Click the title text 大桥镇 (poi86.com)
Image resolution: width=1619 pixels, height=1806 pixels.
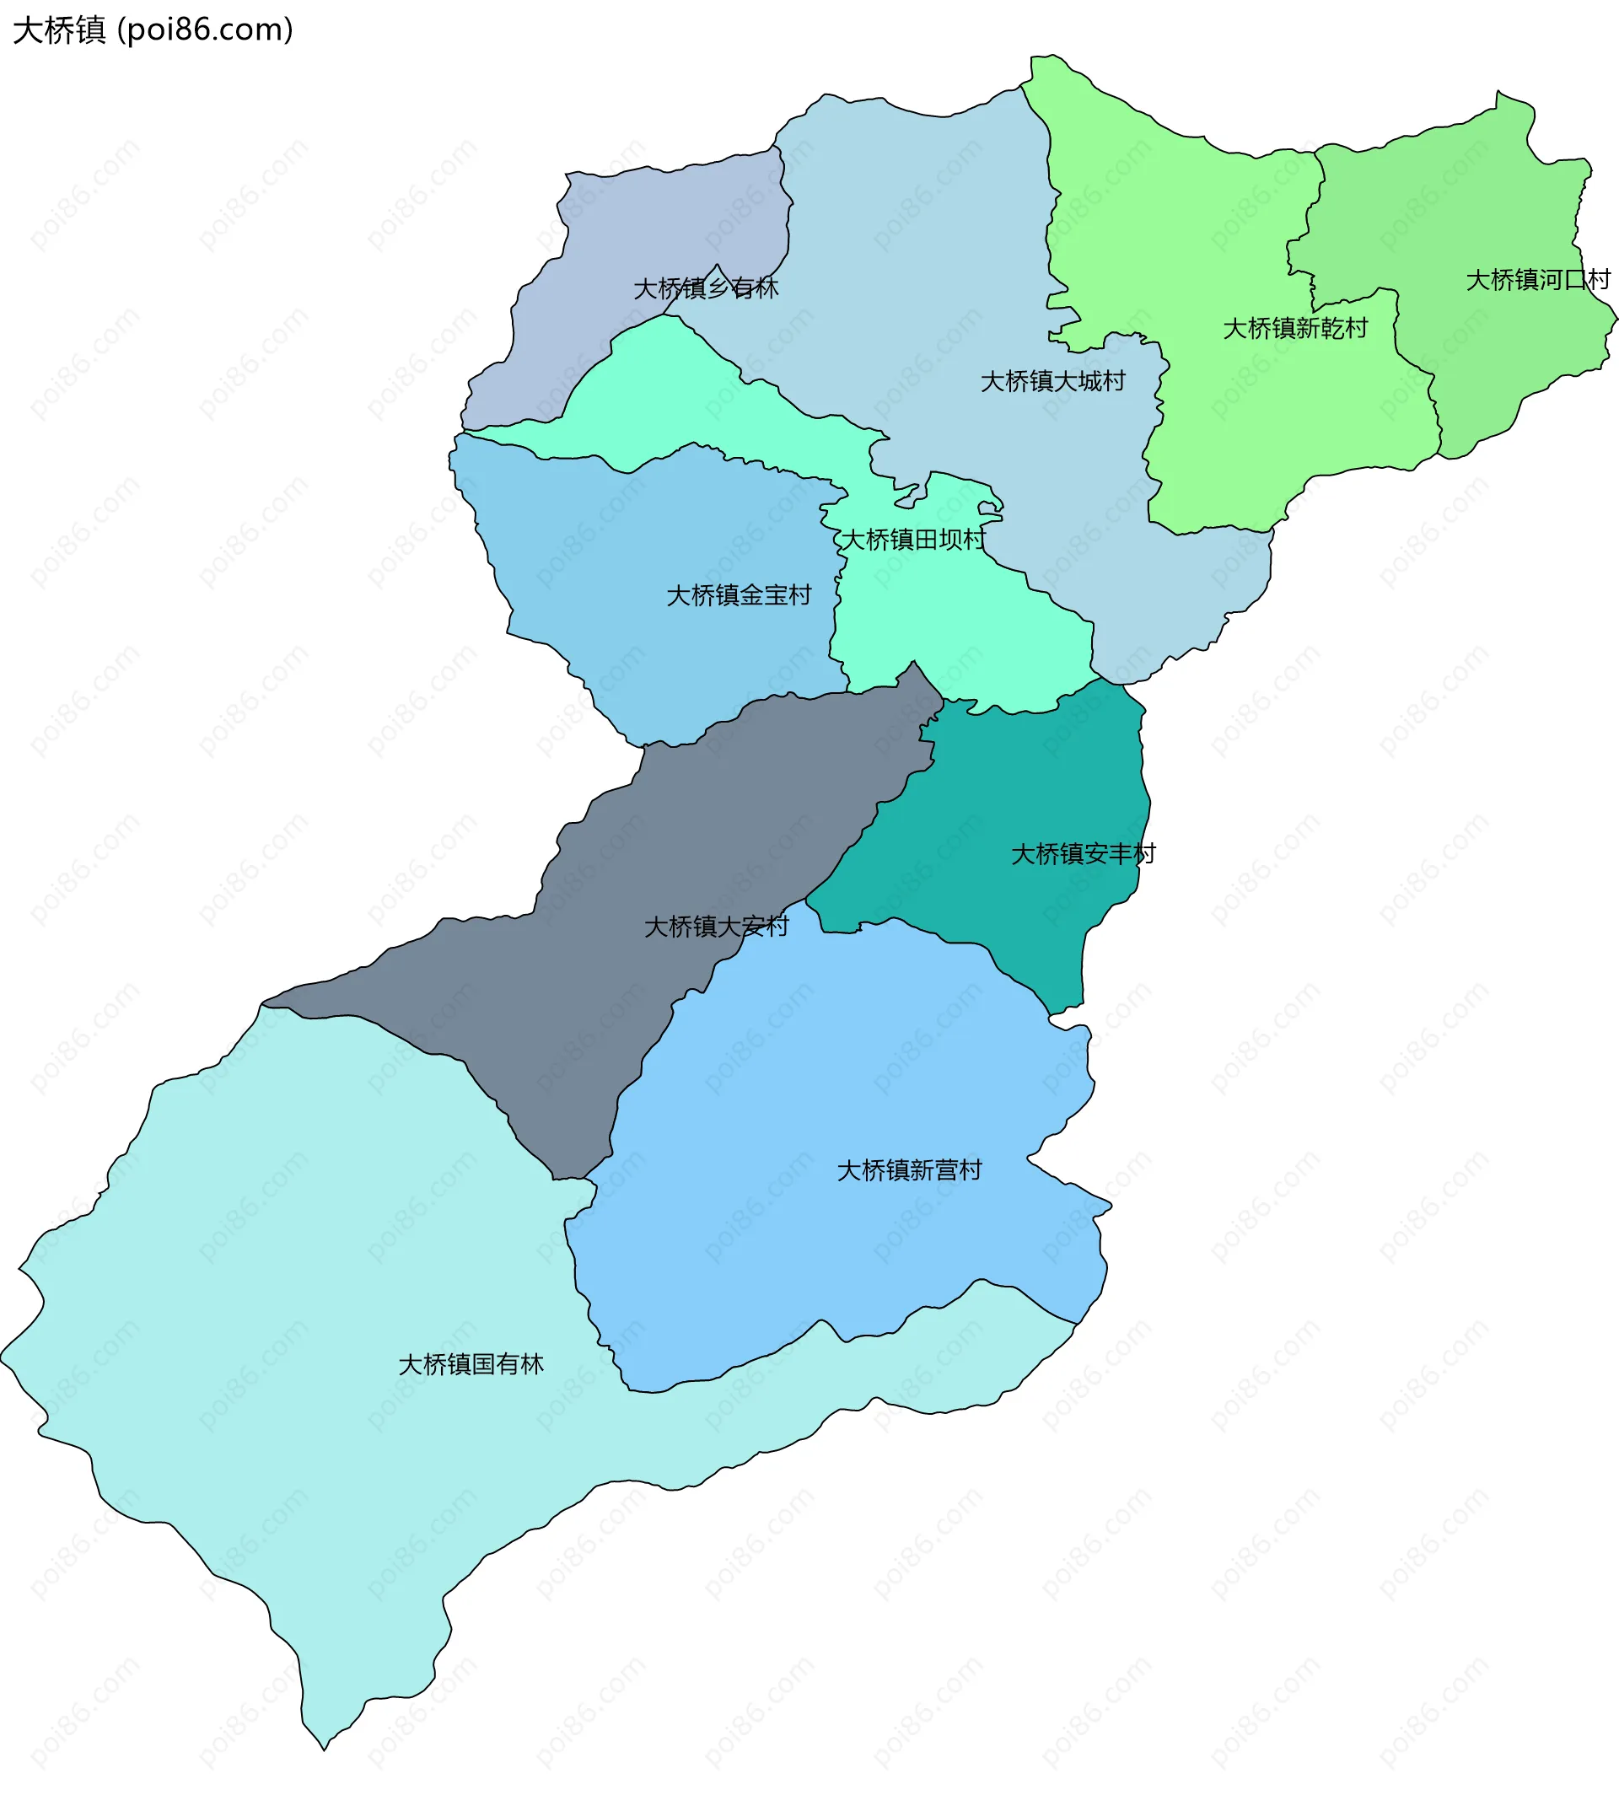(153, 30)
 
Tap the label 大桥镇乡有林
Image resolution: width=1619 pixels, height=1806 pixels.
(706, 288)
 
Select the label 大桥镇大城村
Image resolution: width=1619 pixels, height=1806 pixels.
(1052, 382)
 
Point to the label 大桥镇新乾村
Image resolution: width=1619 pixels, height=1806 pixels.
(1294, 329)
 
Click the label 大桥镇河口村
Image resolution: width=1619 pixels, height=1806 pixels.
(1537, 280)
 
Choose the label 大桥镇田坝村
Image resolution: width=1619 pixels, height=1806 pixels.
(912, 540)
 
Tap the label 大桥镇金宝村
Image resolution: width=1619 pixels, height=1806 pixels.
(739, 595)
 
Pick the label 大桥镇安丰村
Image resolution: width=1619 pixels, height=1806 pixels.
(1083, 854)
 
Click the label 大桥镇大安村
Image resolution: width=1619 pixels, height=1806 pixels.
(716, 927)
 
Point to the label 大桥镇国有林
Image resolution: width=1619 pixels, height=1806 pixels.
(471, 1365)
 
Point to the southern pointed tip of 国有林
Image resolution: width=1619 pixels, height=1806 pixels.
(324, 1748)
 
